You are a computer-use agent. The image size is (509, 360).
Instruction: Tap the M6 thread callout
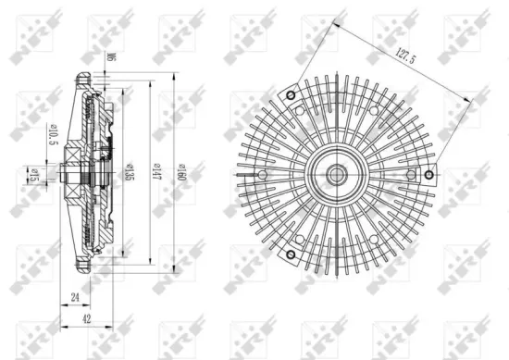point(108,58)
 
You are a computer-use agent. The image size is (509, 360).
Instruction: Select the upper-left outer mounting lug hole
point(290,95)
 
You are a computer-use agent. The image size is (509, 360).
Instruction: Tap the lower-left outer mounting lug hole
point(290,254)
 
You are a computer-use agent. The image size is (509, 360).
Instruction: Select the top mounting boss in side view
point(90,78)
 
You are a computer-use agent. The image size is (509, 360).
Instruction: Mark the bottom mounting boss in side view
point(90,268)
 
